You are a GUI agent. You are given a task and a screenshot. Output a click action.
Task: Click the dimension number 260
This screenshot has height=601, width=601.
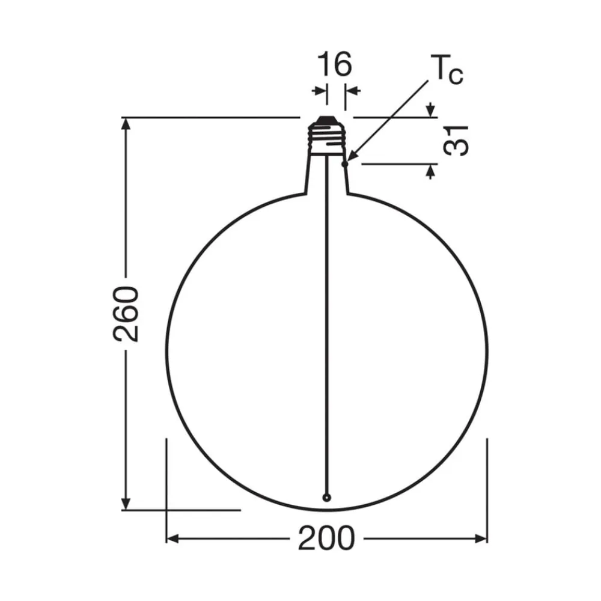point(126,314)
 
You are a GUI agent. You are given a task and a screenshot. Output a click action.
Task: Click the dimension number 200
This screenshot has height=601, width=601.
point(326,538)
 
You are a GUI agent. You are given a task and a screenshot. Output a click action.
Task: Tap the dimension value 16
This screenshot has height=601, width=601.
point(334,64)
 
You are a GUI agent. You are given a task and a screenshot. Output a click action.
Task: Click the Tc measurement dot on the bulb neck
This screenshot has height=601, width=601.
point(344,163)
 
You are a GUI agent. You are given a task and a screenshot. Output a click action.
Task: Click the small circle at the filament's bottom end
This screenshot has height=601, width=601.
point(326,498)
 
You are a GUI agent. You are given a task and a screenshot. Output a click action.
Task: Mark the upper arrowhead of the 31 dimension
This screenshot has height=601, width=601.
point(430,111)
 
